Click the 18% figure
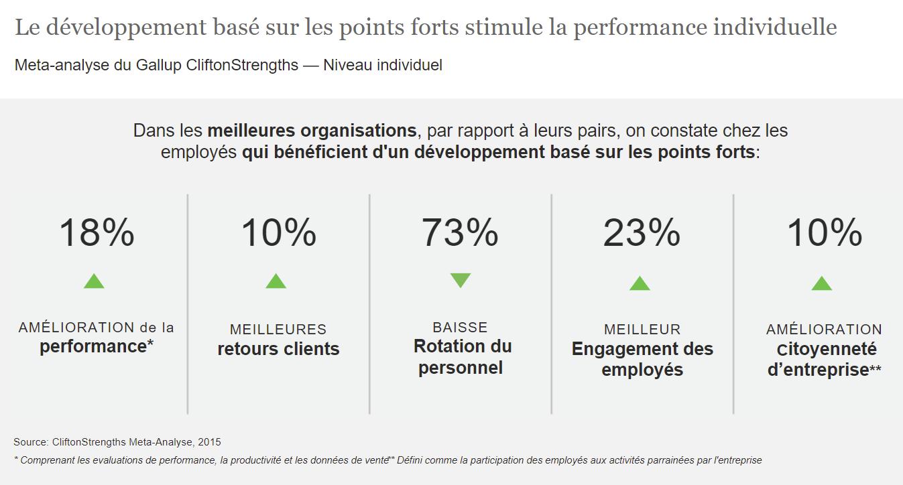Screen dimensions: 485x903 pyautogui.click(x=97, y=233)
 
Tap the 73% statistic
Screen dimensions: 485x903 pyautogui.click(x=460, y=233)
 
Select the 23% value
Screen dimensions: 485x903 pyautogui.click(x=642, y=233)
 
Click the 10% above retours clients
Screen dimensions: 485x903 pyautogui.click(x=278, y=233)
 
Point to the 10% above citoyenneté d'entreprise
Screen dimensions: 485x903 pyautogui.click(x=824, y=233)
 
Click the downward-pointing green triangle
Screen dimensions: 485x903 pyautogui.click(x=461, y=280)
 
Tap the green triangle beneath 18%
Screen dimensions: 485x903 pyautogui.click(x=94, y=281)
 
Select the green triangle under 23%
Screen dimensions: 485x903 pyautogui.click(x=640, y=283)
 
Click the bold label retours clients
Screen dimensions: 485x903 pyautogui.click(x=278, y=349)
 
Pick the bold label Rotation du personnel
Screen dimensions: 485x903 pyautogui.click(x=462, y=357)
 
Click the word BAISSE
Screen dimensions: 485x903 pyautogui.click(x=460, y=328)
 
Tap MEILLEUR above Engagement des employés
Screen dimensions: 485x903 pyautogui.click(x=642, y=330)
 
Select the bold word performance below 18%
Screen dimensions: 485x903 pyautogui.click(x=93, y=346)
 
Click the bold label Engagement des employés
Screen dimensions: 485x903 pyautogui.click(x=642, y=359)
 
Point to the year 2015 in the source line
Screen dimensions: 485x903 pyautogui.click(x=210, y=442)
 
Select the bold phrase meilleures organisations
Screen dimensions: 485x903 pyautogui.click(x=312, y=130)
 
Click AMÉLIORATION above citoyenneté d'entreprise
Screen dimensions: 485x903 pyautogui.click(x=824, y=330)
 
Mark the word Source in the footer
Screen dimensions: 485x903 pyautogui.click(x=30, y=442)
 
